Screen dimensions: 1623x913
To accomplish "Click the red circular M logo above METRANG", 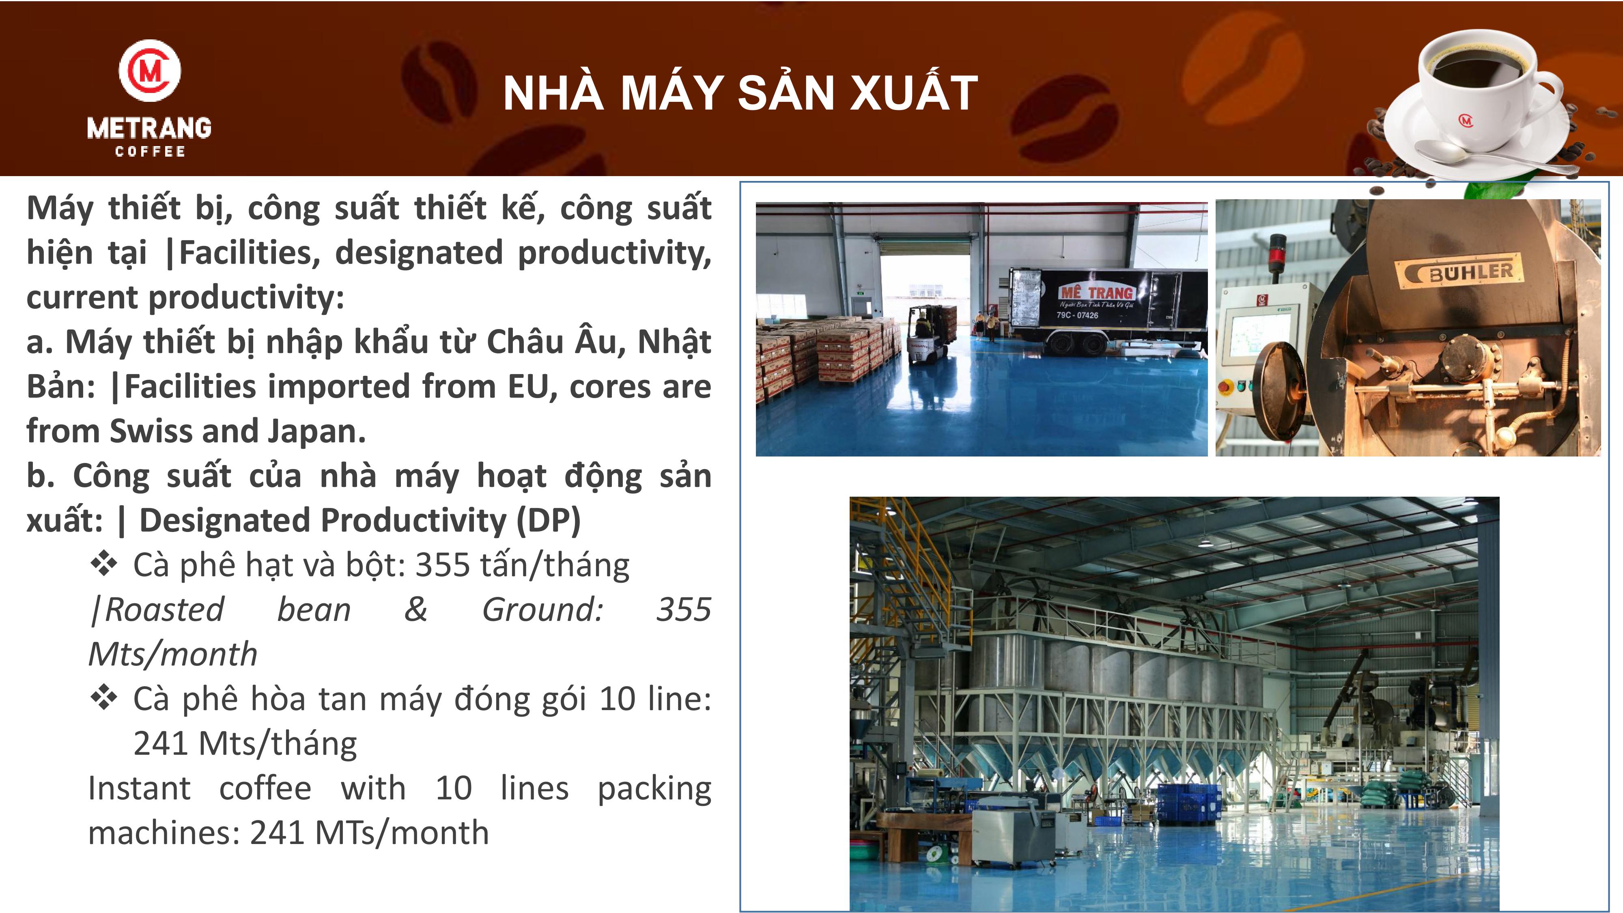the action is (150, 69).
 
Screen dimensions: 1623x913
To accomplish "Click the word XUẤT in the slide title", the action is (914, 92).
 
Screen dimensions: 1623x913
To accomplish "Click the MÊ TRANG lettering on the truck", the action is (1096, 292).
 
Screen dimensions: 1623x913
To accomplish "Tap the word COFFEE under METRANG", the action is (150, 151).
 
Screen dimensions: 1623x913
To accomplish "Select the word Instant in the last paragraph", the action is (139, 788).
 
